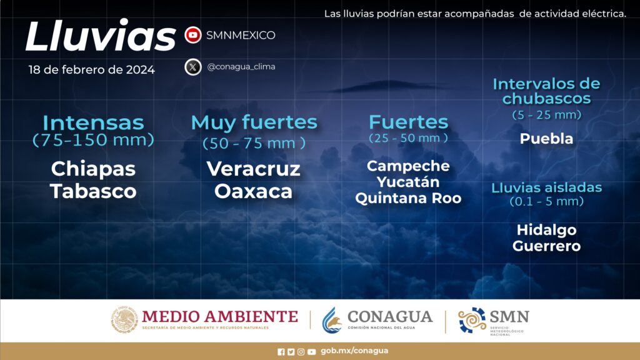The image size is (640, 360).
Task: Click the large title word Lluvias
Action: tap(101, 36)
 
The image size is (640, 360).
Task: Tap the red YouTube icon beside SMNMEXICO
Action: tap(193, 35)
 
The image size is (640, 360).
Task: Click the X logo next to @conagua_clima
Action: tap(193, 67)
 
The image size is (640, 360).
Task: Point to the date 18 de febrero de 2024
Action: tap(92, 70)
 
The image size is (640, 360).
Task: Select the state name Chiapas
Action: tap(94, 169)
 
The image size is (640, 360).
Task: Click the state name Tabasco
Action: tap(94, 191)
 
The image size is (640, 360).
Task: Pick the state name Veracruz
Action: tap(254, 169)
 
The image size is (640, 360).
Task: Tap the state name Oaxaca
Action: tap(254, 191)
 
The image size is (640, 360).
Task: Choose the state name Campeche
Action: tap(408, 166)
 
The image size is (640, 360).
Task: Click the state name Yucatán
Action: tap(408, 182)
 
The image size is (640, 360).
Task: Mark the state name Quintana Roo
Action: tap(408, 198)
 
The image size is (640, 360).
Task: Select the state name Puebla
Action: tap(546, 139)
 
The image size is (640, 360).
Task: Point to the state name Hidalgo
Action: tap(546, 230)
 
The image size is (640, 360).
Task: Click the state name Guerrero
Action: tap(546, 246)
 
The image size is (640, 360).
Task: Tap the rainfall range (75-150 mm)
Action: tap(94, 140)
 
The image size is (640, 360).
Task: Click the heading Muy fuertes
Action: tap(254, 122)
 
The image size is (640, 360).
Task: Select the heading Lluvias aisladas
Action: tap(546, 187)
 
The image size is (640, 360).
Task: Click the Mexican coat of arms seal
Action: tap(124, 319)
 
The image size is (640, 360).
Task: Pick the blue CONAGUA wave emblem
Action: tap(332, 320)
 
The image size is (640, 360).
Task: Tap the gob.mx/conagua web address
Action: tap(354, 351)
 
